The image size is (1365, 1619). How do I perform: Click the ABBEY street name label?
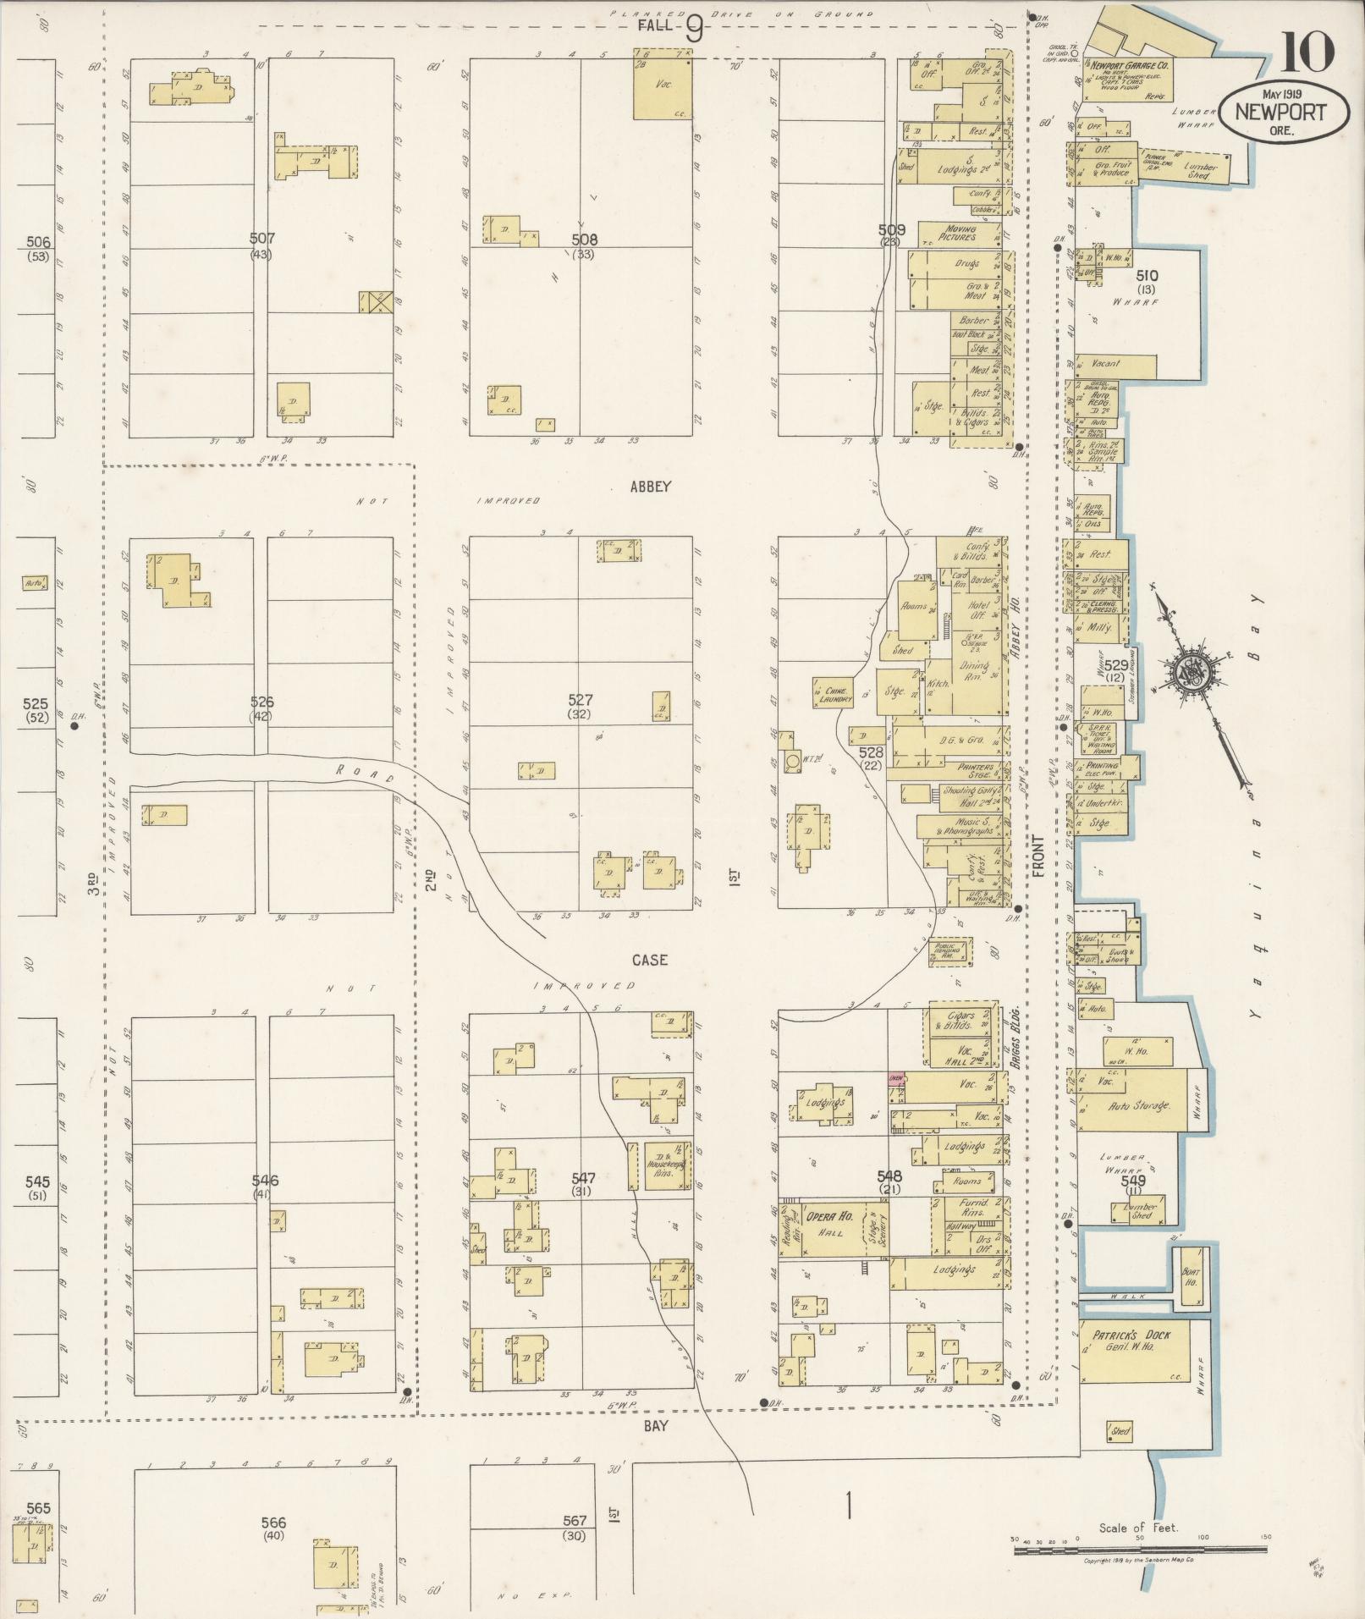click(x=650, y=487)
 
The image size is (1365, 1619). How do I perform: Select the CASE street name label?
click(x=649, y=960)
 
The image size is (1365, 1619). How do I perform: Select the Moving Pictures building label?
click(x=959, y=234)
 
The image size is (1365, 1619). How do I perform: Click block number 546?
click(x=264, y=1181)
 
